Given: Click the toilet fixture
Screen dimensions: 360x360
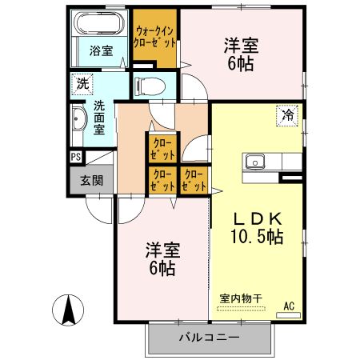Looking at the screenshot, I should pyautogui.click(x=149, y=85).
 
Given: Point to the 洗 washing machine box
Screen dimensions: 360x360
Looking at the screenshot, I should pyautogui.click(x=82, y=82).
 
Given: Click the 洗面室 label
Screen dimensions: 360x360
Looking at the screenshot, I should pyautogui.click(x=100, y=117).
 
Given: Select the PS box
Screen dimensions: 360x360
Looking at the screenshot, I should pyautogui.click(x=75, y=157).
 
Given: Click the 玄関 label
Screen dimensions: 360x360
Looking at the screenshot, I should pyautogui.click(x=91, y=180).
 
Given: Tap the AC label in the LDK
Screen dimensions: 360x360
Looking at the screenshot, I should pyautogui.click(x=290, y=305).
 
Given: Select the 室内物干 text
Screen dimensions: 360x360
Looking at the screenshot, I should pyautogui.click(x=241, y=299).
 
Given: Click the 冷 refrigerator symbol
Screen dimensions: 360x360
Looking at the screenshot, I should pyautogui.click(x=286, y=114).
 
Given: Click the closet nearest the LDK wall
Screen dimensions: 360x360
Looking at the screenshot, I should pyautogui.click(x=194, y=180).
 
